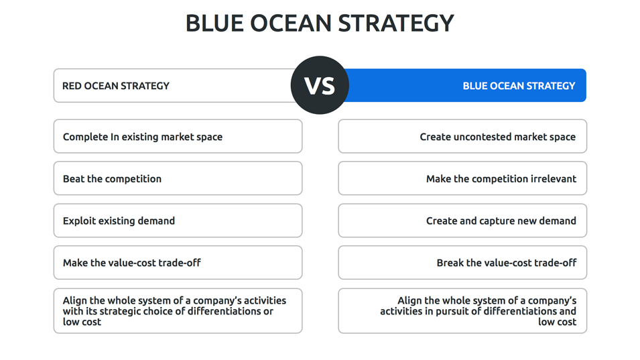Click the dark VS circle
[x=320, y=85]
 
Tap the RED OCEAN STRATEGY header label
[x=115, y=86]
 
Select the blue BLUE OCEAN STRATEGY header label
[x=519, y=86]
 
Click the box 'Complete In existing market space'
[x=178, y=136]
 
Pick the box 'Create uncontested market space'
[x=462, y=136]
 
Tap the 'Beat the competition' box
[x=178, y=178]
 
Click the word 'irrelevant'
[x=553, y=179]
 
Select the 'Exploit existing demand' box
[x=178, y=221]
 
